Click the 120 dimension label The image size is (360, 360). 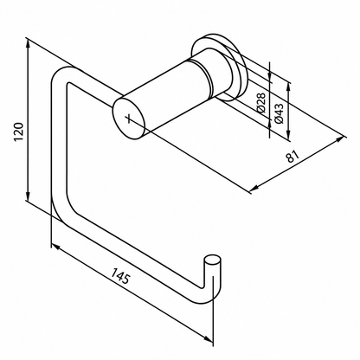point(18,132)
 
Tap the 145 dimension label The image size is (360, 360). point(121,275)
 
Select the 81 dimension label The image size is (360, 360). point(292,156)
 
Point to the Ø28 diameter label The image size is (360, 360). point(260,103)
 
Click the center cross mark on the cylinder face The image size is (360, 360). point(128,118)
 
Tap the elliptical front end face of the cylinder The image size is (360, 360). point(128,119)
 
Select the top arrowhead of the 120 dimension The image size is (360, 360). point(28,44)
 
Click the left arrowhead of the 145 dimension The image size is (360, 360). point(56,247)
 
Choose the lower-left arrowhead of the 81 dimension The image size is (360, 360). point(254,189)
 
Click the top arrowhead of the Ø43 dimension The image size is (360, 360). point(288,87)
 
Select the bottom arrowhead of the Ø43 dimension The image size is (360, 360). point(288,135)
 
